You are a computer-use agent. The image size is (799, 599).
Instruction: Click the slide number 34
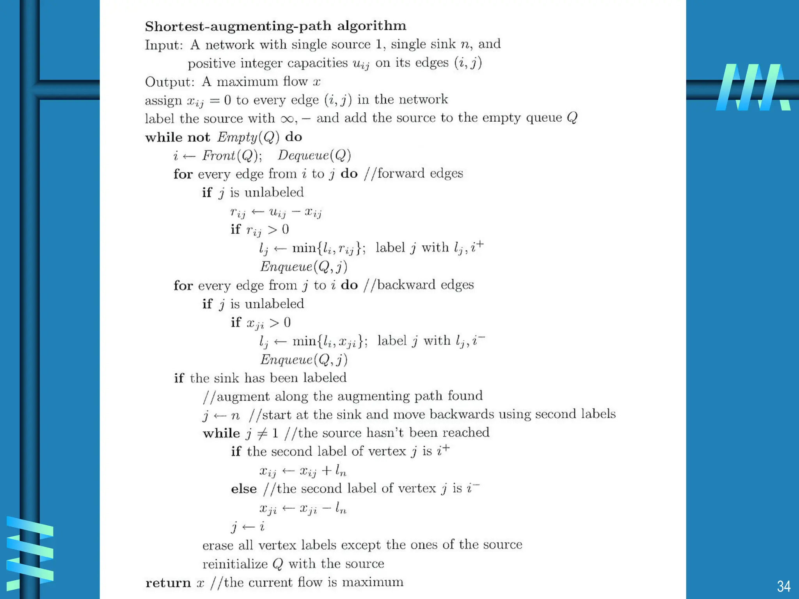(x=783, y=587)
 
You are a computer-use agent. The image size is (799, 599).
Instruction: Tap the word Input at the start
(x=163, y=45)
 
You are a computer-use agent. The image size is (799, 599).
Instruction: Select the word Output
(x=169, y=82)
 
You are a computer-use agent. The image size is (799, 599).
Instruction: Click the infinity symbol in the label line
(x=287, y=119)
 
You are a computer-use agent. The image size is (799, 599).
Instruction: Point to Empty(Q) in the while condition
(x=248, y=137)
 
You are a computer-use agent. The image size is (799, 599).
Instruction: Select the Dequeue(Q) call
(x=314, y=156)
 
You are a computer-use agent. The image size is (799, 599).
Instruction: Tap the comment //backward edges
(x=419, y=285)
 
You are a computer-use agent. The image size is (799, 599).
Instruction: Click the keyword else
(x=244, y=489)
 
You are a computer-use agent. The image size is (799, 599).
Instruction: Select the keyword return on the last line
(x=168, y=583)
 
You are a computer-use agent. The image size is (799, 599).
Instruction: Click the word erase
(x=218, y=545)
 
